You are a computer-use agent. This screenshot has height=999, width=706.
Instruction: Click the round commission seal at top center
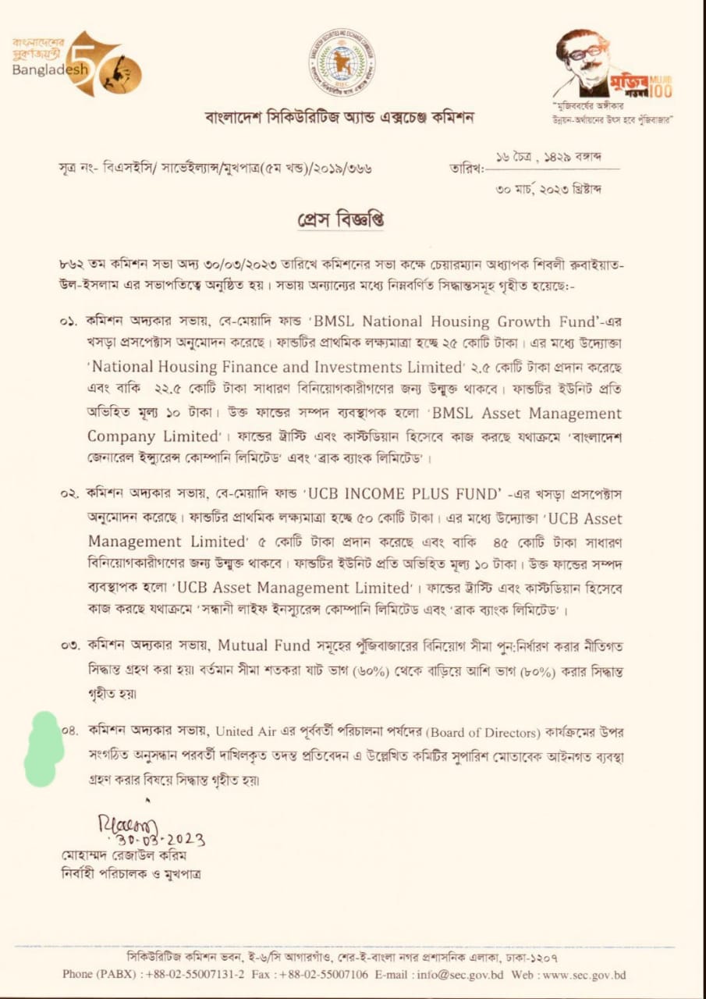click(x=341, y=62)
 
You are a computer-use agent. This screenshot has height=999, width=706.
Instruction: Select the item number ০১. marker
click(x=69, y=322)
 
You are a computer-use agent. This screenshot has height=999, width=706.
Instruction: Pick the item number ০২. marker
click(x=69, y=494)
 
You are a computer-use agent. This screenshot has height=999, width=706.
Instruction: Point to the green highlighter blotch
click(x=44, y=749)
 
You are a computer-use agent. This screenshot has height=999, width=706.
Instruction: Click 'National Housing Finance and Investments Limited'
click(x=274, y=368)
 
